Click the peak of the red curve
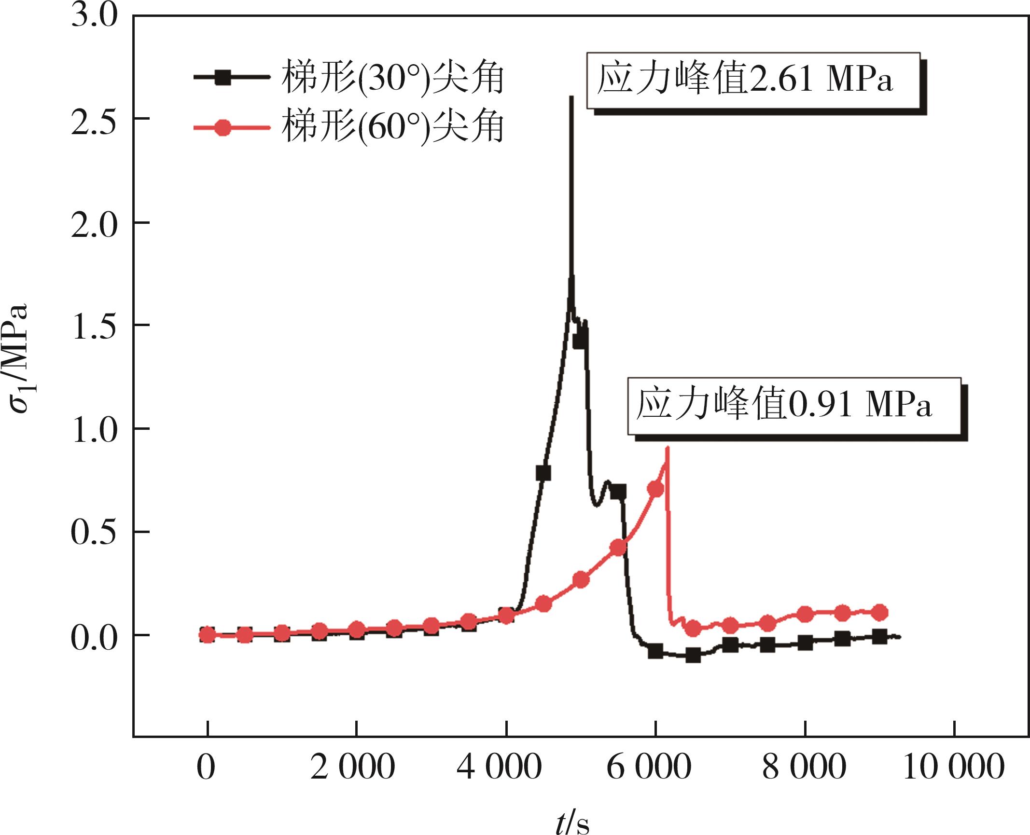[667, 448]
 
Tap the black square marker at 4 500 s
[543, 473]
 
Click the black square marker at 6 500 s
[693, 656]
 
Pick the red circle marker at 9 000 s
[880, 613]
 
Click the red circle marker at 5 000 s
[581, 579]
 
